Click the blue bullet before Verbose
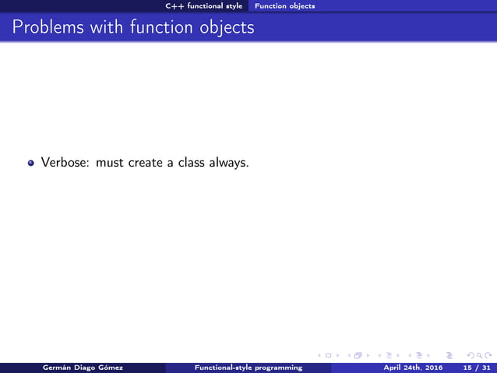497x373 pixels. click(x=31, y=164)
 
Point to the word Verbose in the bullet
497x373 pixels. click(x=65, y=163)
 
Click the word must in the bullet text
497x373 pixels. click(x=109, y=163)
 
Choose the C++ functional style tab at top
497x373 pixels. click(x=205, y=5)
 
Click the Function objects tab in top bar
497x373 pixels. click(x=285, y=5)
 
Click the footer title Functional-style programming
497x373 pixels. click(x=248, y=367)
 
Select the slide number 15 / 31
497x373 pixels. click(x=476, y=367)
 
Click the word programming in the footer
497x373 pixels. click(x=277, y=367)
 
